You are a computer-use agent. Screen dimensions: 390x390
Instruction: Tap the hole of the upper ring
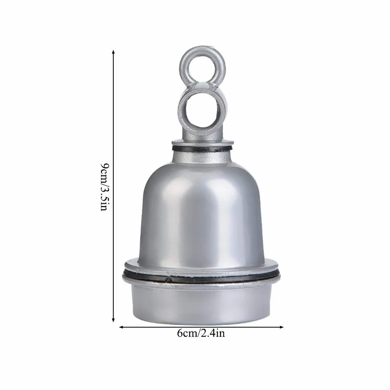point(202,68)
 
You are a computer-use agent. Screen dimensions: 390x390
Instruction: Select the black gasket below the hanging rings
point(202,149)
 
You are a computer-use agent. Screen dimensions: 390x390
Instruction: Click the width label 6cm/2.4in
point(201,333)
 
